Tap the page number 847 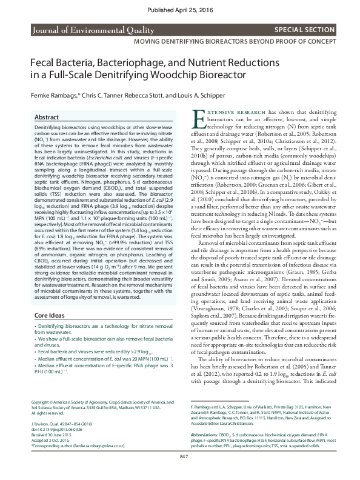click(180, 472)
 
